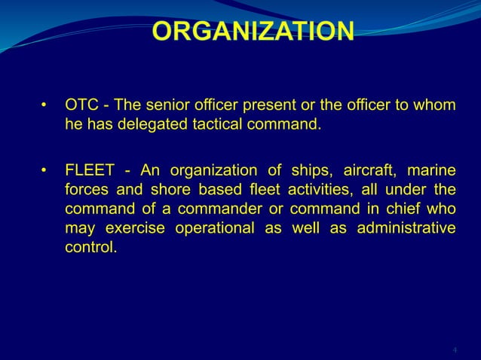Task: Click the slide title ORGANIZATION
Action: (253, 31)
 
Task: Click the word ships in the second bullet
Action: (311, 168)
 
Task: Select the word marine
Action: (433, 168)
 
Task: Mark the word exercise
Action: (132, 227)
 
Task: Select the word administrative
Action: (408, 227)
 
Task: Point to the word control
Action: (90, 246)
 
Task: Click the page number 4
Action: (455, 350)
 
